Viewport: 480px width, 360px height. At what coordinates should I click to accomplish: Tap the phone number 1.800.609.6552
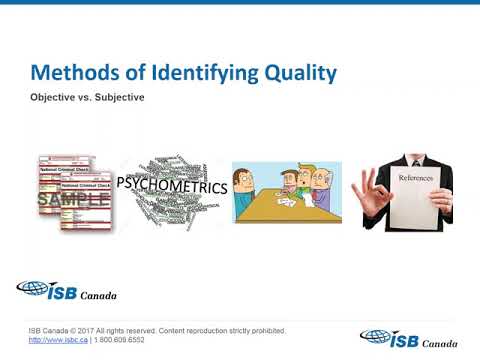point(127,340)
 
